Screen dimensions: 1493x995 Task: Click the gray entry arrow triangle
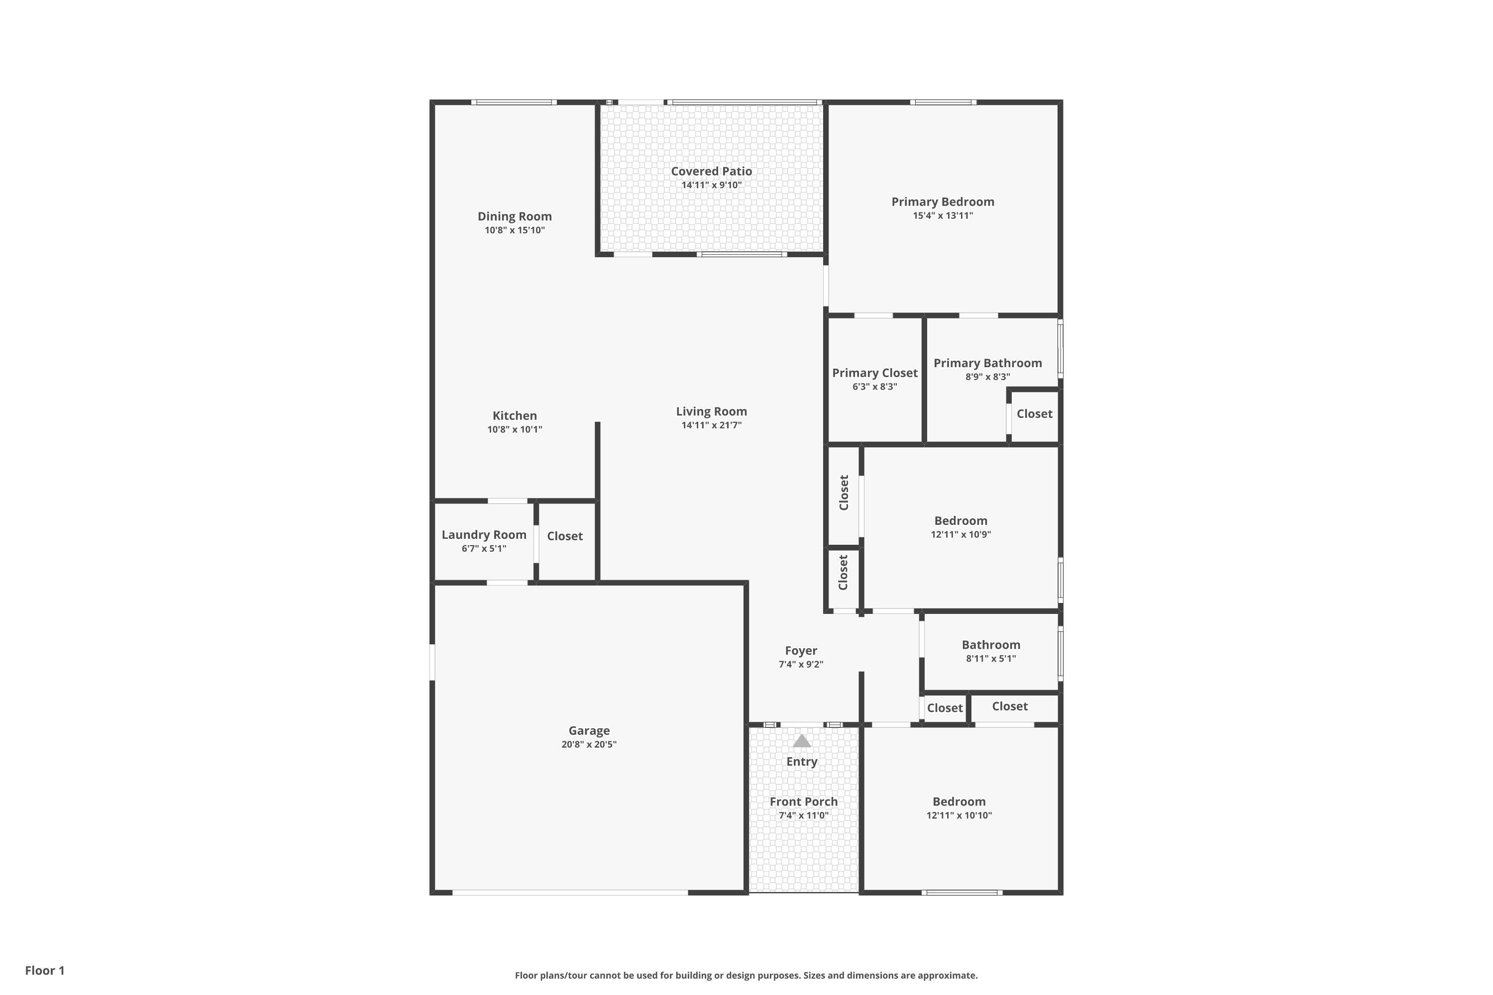point(802,741)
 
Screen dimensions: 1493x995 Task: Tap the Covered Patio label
point(712,171)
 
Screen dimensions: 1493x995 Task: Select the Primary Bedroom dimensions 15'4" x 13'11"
point(943,216)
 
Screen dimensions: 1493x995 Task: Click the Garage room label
point(589,731)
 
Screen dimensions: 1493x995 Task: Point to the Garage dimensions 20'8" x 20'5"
point(589,744)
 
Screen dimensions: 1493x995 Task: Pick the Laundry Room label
point(484,535)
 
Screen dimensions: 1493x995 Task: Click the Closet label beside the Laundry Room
point(565,536)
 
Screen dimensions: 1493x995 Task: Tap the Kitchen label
point(515,415)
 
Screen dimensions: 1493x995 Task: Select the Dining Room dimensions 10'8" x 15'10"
point(515,230)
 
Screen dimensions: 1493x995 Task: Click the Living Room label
point(712,412)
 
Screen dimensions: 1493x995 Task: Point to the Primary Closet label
point(875,373)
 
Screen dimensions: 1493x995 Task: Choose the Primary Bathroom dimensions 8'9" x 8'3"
point(988,377)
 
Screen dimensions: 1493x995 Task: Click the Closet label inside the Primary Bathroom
point(1035,414)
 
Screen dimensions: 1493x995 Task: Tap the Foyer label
point(801,651)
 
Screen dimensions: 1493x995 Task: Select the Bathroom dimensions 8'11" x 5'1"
point(991,659)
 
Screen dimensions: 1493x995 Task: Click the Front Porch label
point(804,802)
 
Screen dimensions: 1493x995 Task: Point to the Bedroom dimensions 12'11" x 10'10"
point(959,816)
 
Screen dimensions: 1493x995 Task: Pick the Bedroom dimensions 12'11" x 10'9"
point(961,535)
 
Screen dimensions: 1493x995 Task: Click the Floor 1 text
point(45,971)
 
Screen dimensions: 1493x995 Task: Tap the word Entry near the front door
point(802,762)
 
